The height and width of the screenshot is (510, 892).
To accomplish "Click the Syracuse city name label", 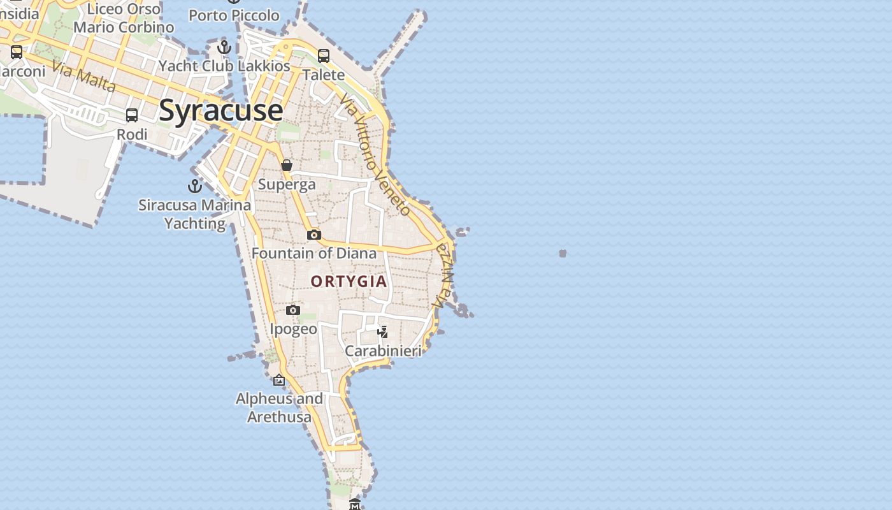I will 220,110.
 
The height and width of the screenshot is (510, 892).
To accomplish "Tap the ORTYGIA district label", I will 349,281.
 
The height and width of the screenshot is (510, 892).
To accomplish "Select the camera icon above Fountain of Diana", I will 313,235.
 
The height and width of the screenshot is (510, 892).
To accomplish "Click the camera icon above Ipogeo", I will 292,310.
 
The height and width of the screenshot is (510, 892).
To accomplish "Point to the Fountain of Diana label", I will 314,253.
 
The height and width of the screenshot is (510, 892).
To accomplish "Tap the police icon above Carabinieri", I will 382,331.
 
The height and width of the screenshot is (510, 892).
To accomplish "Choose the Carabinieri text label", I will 383,351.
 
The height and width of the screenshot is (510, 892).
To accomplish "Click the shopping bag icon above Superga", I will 287,165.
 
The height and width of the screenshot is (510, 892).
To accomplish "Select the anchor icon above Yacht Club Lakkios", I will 224,47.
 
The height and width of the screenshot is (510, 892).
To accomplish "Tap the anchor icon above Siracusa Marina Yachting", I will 194,186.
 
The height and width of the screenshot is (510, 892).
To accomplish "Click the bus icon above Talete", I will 324,56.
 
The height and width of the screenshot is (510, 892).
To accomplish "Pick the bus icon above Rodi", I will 132,115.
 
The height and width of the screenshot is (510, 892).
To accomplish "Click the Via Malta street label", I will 83,76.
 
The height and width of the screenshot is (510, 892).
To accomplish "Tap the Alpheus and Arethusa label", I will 279,408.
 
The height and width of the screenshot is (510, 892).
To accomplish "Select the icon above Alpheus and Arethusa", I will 279,381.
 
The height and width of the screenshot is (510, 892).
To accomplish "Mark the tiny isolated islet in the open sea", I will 563,254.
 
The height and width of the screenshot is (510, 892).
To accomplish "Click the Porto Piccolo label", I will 234,15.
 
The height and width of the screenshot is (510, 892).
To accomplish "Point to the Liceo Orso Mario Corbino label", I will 124,18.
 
